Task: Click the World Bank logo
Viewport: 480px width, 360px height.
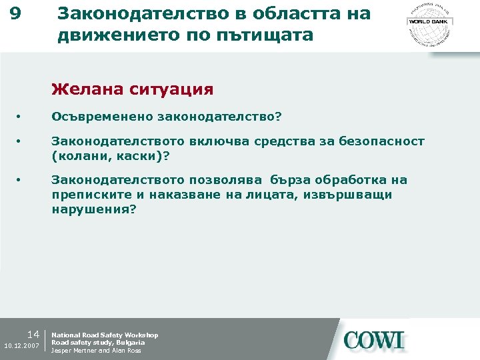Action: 429,21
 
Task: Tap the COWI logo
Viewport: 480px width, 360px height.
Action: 374,341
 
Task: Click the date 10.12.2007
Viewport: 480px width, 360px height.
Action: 21,345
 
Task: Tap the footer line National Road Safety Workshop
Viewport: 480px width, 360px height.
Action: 105,335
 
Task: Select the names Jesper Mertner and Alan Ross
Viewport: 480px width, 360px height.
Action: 96,351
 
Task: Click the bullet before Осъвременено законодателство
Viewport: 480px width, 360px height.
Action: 20,117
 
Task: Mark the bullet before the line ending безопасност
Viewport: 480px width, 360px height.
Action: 20,141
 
